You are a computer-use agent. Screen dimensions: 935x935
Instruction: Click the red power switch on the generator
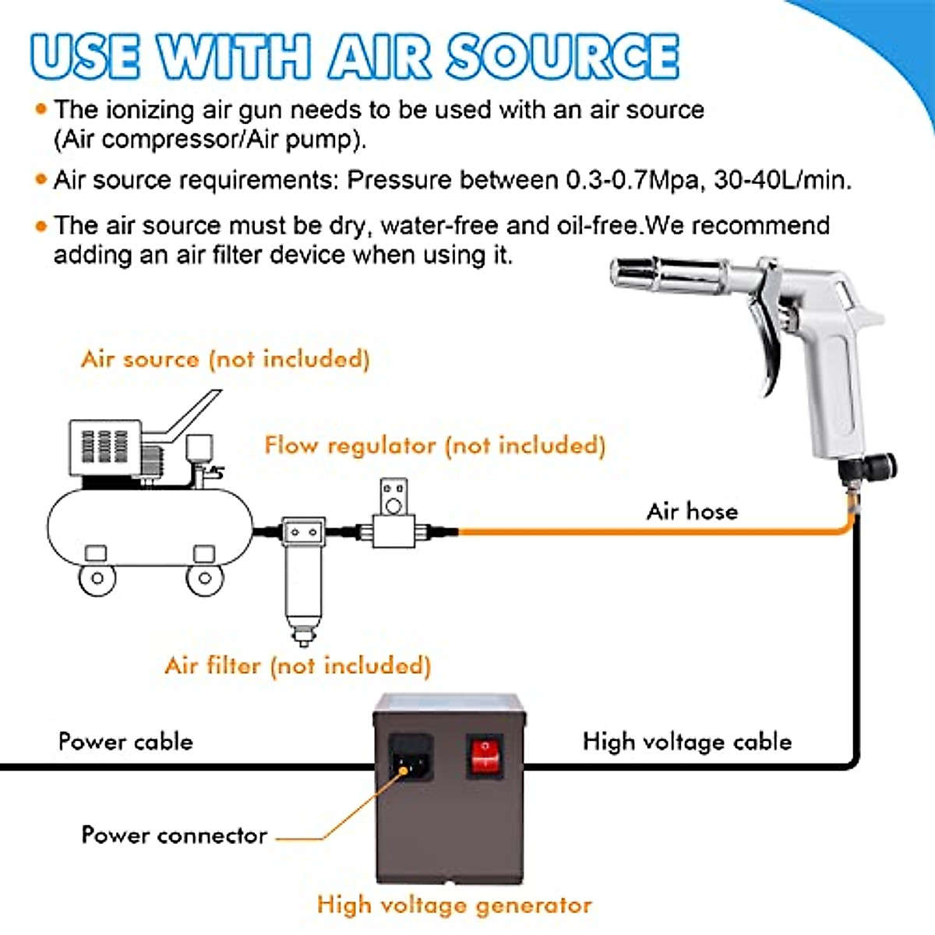click(x=485, y=756)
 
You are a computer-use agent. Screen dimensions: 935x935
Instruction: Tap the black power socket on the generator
click(x=410, y=757)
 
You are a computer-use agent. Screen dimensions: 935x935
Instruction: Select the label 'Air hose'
click(x=692, y=511)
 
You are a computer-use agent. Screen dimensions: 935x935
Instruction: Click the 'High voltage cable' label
click(x=686, y=741)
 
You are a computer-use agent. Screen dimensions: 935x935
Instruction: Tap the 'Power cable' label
click(x=125, y=741)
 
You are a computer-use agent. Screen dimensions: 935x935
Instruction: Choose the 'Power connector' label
click(x=175, y=835)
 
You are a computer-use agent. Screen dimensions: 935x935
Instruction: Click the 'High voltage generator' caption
click(x=454, y=905)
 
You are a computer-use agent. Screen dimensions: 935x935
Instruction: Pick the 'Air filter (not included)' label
click(x=298, y=665)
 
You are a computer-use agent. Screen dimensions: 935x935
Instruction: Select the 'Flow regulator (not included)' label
click(x=435, y=445)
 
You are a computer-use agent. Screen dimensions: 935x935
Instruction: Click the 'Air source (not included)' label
click(x=225, y=358)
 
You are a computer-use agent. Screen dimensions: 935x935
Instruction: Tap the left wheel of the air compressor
click(x=97, y=578)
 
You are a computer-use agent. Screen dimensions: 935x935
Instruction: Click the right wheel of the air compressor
click(x=205, y=578)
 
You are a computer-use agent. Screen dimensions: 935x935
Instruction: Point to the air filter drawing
click(x=303, y=577)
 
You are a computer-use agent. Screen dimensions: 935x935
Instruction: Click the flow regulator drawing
click(x=393, y=518)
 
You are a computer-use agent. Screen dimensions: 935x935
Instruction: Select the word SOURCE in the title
click(x=563, y=57)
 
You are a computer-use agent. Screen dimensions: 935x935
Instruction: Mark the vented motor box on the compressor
click(x=105, y=447)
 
